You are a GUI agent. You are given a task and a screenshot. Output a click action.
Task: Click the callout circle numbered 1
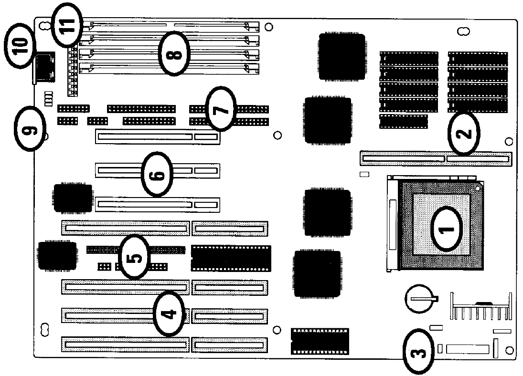pos(447,229)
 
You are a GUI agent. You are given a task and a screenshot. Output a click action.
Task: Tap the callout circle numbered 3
pos(418,351)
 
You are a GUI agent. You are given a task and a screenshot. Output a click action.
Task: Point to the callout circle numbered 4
pos(169,313)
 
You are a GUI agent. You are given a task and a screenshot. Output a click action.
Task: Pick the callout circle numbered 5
pos(135,257)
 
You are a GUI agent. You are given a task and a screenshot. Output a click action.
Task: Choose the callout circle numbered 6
pos(158,174)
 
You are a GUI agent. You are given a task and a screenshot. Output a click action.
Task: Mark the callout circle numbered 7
pos(221,109)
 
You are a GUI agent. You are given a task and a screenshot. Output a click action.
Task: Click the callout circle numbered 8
pos(174,53)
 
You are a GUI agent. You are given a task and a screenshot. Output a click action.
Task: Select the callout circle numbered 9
pos(29,129)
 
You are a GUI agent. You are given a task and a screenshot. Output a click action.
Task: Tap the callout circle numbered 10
pos(20,46)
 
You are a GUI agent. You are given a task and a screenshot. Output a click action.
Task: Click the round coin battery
pos(420,298)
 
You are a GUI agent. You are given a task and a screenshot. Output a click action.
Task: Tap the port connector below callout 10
pos(44,68)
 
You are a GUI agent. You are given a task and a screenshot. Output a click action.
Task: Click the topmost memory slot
pos(170,25)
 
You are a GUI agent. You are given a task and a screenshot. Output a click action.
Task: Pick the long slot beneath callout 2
pos(436,159)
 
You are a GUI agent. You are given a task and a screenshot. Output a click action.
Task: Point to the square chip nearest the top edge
pos(341,56)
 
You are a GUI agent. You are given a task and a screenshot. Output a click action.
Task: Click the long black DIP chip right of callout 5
pos(231,258)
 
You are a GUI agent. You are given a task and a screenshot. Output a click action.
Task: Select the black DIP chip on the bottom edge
pos(320,341)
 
